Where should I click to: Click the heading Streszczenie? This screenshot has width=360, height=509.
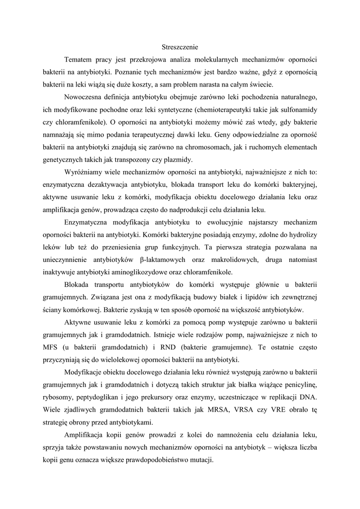(x=180, y=47)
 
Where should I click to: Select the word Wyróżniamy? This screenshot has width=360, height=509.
(x=84, y=172)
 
